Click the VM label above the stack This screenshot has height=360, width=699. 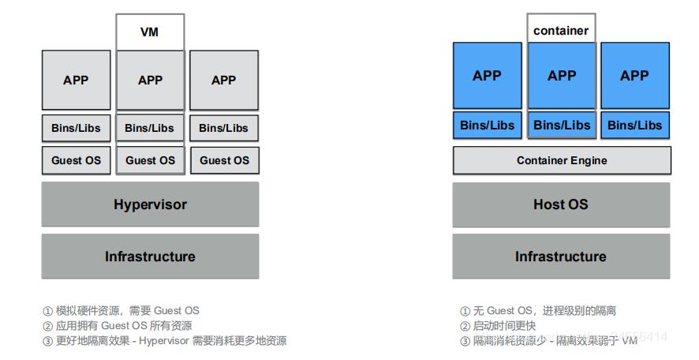pyautogui.click(x=150, y=32)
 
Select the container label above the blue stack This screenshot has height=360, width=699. pyautogui.click(x=561, y=31)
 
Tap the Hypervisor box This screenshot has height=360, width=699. pyautogui.click(x=150, y=204)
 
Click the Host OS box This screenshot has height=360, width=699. pyautogui.click(x=561, y=204)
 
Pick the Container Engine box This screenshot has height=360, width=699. pyautogui.click(x=562, y=160)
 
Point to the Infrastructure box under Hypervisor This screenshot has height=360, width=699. pyautogui.click(x=150, y=257)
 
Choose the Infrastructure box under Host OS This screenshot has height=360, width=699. pyautogui.click(x=561, y=257)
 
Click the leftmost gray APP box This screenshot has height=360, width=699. pyautogui.click(x=76, y=80)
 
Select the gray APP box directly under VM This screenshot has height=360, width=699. pyautogui.click(x=150, y=80)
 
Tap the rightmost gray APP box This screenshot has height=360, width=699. pyautogui.click(x=224, y=80)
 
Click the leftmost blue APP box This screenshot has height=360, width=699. pyautogui.click(x=488, y=76)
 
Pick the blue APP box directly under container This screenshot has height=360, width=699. pyautogui.click(x=562, y=76)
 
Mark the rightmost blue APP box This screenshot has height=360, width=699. pyautogui.click(x=635, y=76)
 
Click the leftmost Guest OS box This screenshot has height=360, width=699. pyautogui.click(x=76, y=160)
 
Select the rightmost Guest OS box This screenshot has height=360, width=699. pyautogui.click(x=224, y=160)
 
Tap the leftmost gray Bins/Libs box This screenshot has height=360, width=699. pyautogui.click(x=76, y=128)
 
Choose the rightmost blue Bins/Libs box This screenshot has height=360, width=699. pyautogui.click(x=635, y=125)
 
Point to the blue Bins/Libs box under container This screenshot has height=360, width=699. pyautogui.click(x=562, y=125)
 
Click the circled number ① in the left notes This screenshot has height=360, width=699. pyautogui.click(x=47, y=311)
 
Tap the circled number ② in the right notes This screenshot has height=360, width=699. pyautogui.click(x=465, y=326)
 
